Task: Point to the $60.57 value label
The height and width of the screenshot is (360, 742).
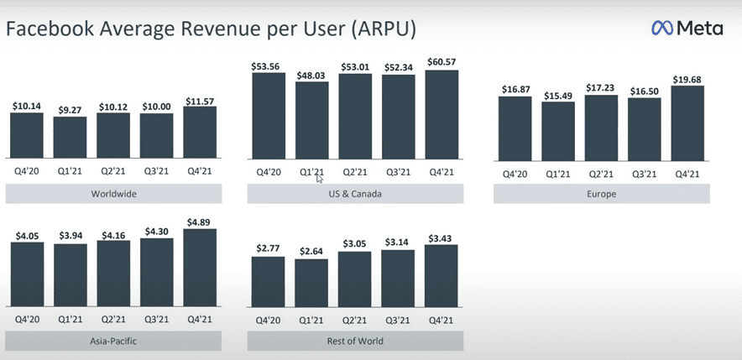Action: pyautogui.click(x=442, y=61)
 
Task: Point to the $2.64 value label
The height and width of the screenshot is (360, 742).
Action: pyautogui.click(x=312, y=251)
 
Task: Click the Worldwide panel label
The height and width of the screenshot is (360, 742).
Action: pyautogui.click(x=113, y=194)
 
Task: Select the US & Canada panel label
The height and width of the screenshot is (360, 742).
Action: pyautogui.click(x=354, y=194)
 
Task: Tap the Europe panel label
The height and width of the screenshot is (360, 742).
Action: pyautogui.click(x=601, y=194)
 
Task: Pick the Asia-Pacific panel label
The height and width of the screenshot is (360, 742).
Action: pyautogui.click(x=113, y=342)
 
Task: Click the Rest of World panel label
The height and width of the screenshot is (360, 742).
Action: pyautogui.click(x=354, y=342)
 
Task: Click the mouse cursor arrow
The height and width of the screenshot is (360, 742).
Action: pyautogui.click(x=320, y=177)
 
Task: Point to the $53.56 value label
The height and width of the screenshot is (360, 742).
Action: pyautogui.click(x=269, y=65)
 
